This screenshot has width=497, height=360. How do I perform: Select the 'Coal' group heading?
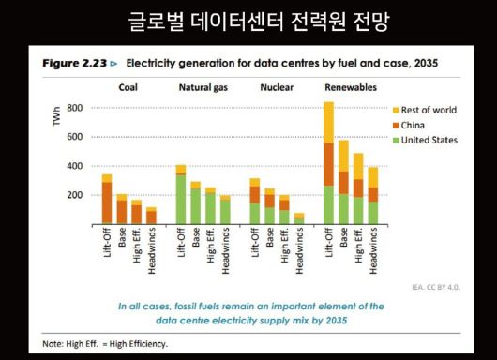(x=128, y=88)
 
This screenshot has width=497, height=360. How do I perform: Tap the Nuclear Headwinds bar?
(x=298, y=218)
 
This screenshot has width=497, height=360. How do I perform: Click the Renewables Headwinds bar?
(x=372, y=197)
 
